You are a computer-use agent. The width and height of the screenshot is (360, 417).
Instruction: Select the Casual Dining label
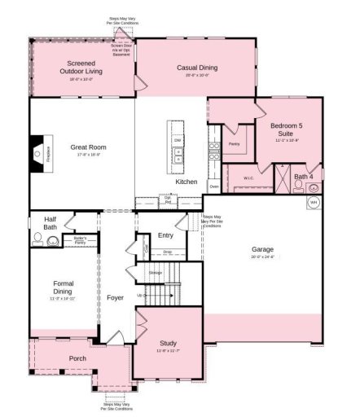pyautogui.click(x=198, y=68)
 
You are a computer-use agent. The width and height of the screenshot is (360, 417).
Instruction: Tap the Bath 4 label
pyautogui.click(x=303, y=176)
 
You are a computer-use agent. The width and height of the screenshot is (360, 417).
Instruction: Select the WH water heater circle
pyautogui.click(x=314, y=203)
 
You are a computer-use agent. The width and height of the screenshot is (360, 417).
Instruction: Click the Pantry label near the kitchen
pyautogui.click(x=235, y=143)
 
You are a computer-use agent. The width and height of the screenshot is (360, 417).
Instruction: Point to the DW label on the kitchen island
pyautogui.click(x=178, y=139)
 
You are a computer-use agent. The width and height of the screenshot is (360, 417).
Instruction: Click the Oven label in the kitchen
pyautogui.click(x=214, y=187)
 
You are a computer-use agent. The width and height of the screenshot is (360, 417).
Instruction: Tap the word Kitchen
pyautogui.click(x=187, y=181)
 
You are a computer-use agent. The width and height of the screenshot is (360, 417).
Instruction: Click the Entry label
pyautogui.click(x=165, y=235)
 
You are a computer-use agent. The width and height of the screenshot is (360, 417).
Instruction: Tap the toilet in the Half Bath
pyautogui.click(x=37, y=240)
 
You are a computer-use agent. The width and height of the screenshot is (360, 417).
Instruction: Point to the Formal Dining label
pyautogui.click(x=64, y=288)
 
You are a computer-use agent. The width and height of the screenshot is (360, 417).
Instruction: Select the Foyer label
pyautogui.click(x=116, y=297)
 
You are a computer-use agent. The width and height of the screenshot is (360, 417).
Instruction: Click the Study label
pyautogui.click(x=167, y=343)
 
